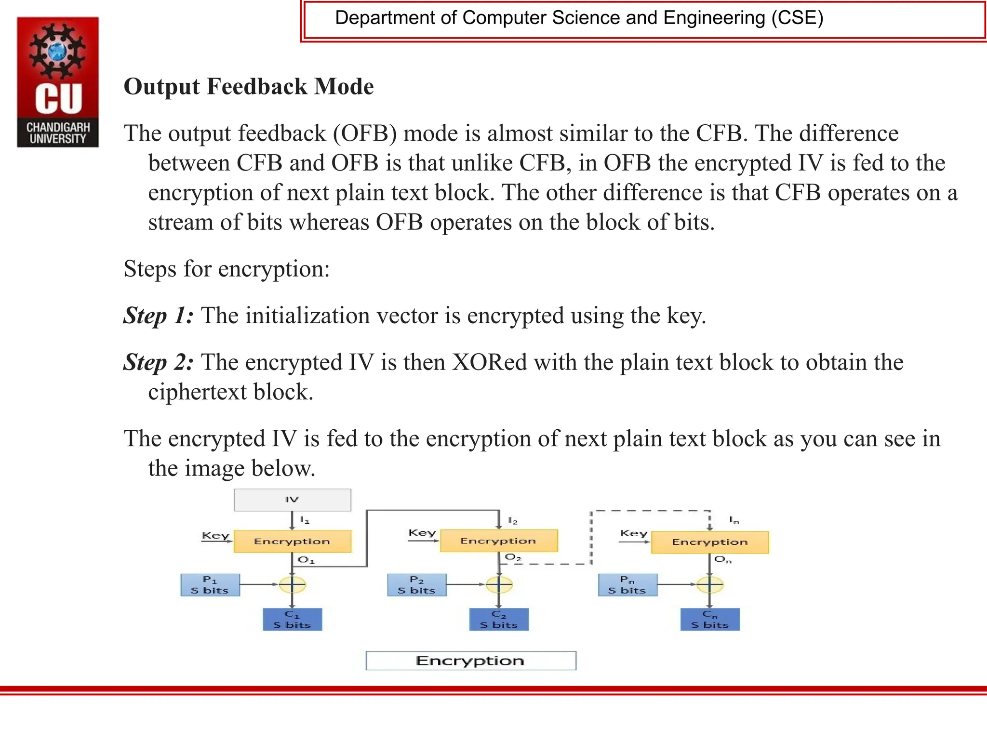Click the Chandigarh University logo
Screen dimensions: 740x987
[x=58, y=82]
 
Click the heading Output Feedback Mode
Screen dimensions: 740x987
[x=249, y=87]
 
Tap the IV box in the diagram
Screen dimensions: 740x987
[x=292, y=500]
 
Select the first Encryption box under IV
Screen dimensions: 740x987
[x=292, y=542]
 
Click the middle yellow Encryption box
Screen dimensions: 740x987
[x=498, y=541]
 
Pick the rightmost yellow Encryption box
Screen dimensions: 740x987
[x=709, y=542]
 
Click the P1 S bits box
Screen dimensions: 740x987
[x=210, y=585]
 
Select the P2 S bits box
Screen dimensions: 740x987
[x=416, y=585]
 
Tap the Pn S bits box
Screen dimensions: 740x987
[x=627, y=585]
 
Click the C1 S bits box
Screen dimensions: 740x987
[x=292, y=620]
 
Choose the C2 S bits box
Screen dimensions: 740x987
[x=499, y=620]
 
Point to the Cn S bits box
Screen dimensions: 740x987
[x=710, y=620]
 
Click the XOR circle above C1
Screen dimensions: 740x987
[x=293, y=584]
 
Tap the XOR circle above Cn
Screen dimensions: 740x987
[x=710, y=584]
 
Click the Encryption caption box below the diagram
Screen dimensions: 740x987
[x=470, y=661]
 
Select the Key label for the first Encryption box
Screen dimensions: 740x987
[x=215, y=536]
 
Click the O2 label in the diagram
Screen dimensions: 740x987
[x=513, y=557]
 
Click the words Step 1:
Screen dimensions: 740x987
[x=159, y=316]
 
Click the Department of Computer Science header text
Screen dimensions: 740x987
[x=579, y=18]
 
